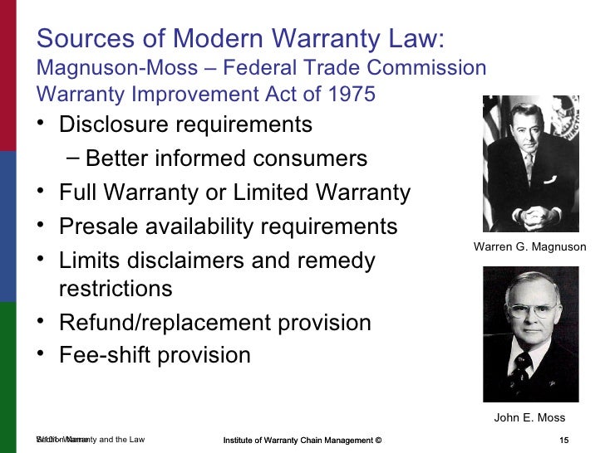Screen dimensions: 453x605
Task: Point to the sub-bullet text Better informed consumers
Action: click(226, 158)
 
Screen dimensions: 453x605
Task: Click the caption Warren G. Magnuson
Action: click(529, 247)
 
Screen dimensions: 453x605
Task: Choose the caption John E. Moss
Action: click(529, 417)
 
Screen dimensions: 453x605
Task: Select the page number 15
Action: click(564, 439)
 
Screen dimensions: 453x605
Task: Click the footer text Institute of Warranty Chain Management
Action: click(302, 439)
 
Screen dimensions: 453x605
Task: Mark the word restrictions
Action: click(116, 289)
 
